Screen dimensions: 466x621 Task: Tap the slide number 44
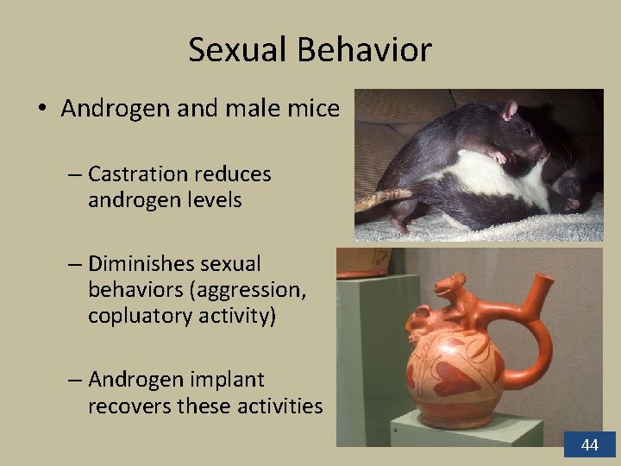point(590,445)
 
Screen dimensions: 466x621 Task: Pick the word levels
point(212,200)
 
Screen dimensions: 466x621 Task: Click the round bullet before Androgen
point(41,110)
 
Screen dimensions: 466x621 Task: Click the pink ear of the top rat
point(510,109)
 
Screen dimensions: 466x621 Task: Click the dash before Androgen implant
point(74,380)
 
